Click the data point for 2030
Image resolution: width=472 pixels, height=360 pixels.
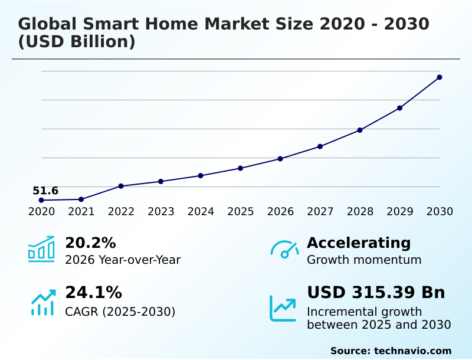tap(440, 77)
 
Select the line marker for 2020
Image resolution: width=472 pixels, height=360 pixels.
tap(41, 200)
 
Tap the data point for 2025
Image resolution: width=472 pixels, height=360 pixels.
tap(240, 168)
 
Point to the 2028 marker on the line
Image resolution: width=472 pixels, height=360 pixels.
tap(360, 130)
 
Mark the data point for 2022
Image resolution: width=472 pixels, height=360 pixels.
tap(121, 186)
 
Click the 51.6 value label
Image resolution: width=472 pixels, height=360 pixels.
tap(45, 191)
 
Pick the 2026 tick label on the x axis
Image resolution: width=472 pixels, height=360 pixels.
tap(280, 212)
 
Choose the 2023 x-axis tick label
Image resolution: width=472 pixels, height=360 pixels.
tap(160, 212)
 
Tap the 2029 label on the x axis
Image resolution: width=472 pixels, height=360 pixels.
tap(399, 212)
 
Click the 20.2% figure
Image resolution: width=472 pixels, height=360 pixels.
tap(90, 243)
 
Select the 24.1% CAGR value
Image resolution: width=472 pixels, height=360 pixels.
tap(93, 293)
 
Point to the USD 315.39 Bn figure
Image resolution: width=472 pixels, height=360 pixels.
tap(376, 293)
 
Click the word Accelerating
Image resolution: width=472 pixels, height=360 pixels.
tap(359, 243)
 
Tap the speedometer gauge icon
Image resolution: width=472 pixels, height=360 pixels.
tap(284, 250)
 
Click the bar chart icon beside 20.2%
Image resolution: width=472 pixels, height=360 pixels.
tap(41, 250)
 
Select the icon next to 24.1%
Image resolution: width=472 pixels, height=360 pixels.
tap(42, 302)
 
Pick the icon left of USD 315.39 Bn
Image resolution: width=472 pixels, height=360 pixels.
tap(283, 308)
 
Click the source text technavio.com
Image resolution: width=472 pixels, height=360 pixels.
tap(412, 351)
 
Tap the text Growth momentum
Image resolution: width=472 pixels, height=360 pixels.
tap(364, 260)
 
